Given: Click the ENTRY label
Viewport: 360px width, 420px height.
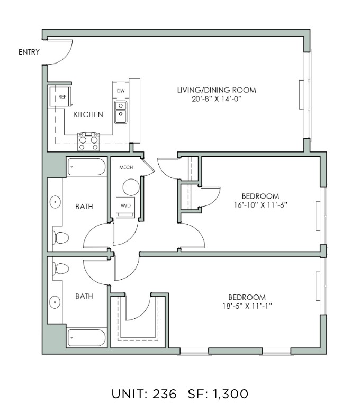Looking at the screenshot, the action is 29,52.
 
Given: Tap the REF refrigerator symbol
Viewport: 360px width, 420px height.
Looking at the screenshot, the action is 60,96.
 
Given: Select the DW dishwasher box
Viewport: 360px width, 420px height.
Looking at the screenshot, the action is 121,90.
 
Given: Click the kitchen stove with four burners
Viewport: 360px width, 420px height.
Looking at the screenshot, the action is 88,142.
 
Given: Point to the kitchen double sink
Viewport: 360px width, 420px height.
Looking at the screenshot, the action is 121,112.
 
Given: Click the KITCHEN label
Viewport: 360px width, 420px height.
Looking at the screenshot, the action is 88,114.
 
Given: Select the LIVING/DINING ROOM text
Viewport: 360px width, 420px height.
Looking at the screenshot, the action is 217,90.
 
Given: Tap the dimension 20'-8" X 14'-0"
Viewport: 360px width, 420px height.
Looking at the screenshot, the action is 217,99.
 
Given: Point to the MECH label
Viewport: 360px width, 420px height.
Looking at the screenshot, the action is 126,167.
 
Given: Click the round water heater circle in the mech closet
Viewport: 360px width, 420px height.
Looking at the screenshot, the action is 131,187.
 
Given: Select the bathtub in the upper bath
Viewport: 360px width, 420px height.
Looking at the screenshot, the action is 86,167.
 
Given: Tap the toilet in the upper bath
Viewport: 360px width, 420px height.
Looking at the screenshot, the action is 61,238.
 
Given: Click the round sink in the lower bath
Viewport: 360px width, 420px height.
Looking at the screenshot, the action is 55,302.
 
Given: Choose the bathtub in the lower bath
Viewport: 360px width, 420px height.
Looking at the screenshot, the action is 86,338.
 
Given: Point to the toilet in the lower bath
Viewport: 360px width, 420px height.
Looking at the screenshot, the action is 61,269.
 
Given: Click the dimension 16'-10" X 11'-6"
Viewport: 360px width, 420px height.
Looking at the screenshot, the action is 260,205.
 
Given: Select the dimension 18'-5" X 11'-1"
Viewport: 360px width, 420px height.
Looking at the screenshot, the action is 247,306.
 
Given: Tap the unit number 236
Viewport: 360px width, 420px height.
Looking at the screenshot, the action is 165,394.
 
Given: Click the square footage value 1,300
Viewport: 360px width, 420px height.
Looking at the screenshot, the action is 231,394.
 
